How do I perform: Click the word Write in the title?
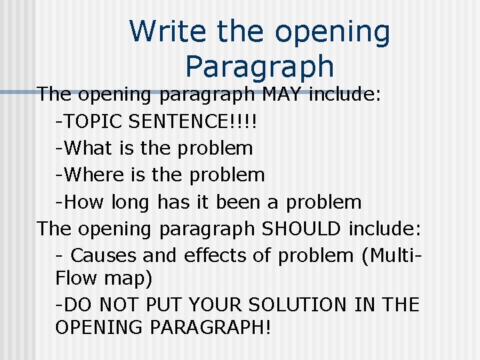pyautogui.click(x=160, y=32)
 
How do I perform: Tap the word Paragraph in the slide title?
pyautogui.click(x=259, y=66)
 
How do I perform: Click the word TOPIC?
pyautogui.click(x=93, y=121)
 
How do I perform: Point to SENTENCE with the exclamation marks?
pyautogui.click(x=193, y=121)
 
